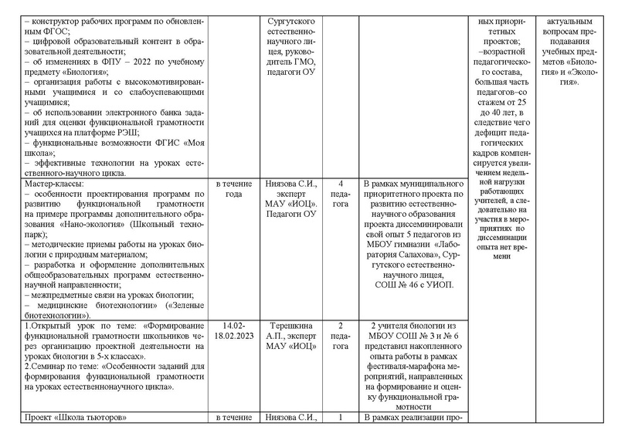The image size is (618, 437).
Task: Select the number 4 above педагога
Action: (x=341, y=184)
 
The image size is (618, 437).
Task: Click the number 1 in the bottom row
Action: (x=341, y=418)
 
